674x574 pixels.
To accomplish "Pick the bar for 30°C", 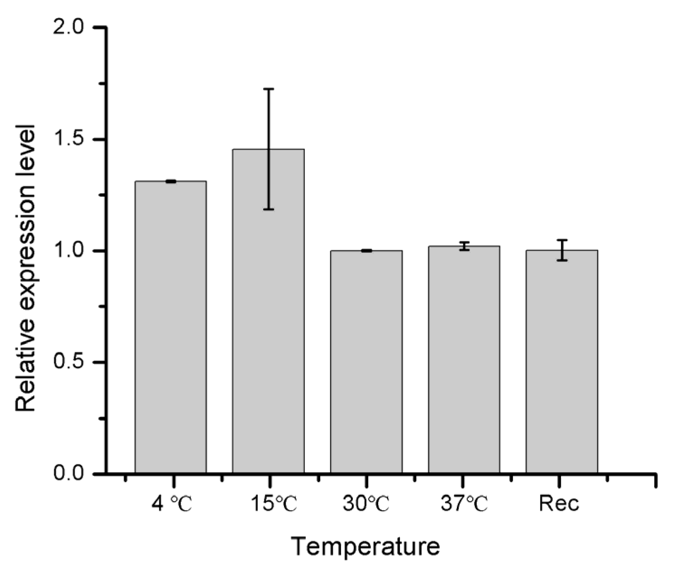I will click(x=366, y=361).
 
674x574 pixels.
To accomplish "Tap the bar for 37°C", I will click(x=464, y=360).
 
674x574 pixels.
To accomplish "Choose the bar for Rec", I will click(x=562, y=361).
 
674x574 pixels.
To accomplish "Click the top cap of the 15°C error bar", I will click(x=269, y=89).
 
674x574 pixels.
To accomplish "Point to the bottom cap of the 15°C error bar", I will click(x=269, y=209).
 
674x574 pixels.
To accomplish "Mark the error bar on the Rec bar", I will click(x=562, y=250).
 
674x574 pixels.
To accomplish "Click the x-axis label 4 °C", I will click(x=171, y=504).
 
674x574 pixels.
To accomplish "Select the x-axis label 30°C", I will click(x=366, y=504).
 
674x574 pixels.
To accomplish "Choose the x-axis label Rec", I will click(x=559, y=504).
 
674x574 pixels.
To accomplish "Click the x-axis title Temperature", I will click(x=365, y=547).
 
